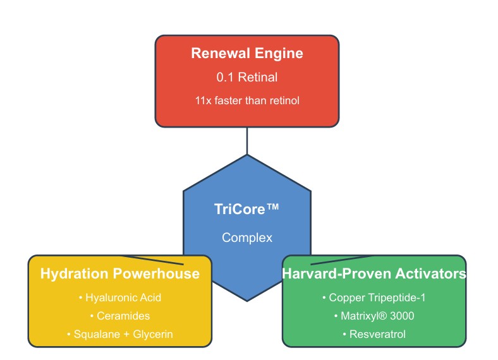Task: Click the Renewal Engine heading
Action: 246,53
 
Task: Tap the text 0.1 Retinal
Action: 246,77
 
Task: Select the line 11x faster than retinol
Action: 247,100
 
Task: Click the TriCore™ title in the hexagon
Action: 246,209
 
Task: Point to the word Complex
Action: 247,237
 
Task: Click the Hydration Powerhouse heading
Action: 120,273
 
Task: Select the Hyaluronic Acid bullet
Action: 120,297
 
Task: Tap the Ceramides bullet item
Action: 120,316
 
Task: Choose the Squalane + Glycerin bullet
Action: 120,334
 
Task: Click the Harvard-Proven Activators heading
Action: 374,273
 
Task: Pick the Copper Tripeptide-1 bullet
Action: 374,297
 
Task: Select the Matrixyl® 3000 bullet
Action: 374,316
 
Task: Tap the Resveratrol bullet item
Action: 374,334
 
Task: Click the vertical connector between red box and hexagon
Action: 247,141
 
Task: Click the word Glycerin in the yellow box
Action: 153,334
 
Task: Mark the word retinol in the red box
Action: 284,100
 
